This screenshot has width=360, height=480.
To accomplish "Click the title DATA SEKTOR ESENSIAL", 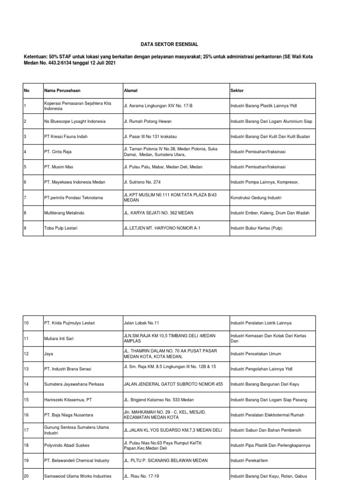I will [170, 44].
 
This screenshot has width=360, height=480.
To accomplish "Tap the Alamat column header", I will [130, 90].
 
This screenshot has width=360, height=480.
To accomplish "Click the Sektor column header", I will [237, 90].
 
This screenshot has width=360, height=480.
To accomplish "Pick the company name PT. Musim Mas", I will [59, 167].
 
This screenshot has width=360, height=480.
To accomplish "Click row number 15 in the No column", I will [26, 399].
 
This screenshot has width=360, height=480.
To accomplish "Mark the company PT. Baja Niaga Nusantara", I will [68, 414].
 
